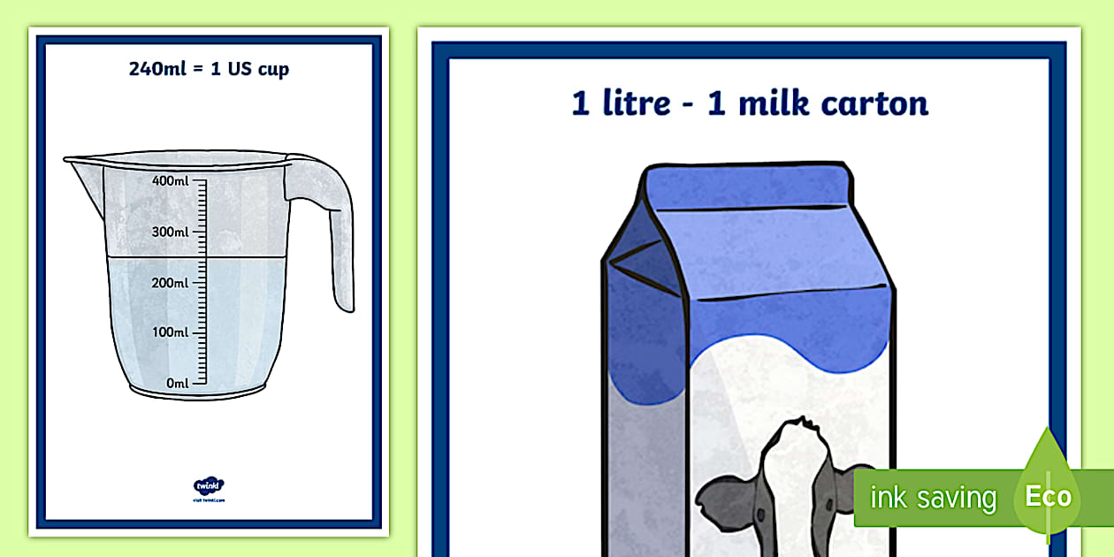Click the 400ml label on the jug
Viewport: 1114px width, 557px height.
[171, 181]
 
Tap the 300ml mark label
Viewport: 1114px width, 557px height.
[171, 232]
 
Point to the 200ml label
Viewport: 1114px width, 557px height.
[171, 283]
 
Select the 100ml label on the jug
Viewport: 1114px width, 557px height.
[171, 332]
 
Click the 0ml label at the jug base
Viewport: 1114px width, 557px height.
[178, 383]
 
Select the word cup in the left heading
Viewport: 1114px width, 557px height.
[272, 70]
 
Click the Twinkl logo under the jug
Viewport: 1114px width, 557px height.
[209, 486]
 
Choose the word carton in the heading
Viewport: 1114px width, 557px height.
[874, 103]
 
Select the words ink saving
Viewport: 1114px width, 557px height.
[932, 498]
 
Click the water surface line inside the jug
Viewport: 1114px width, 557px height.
[195, 257]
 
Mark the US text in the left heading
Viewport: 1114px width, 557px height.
[239, 69]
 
